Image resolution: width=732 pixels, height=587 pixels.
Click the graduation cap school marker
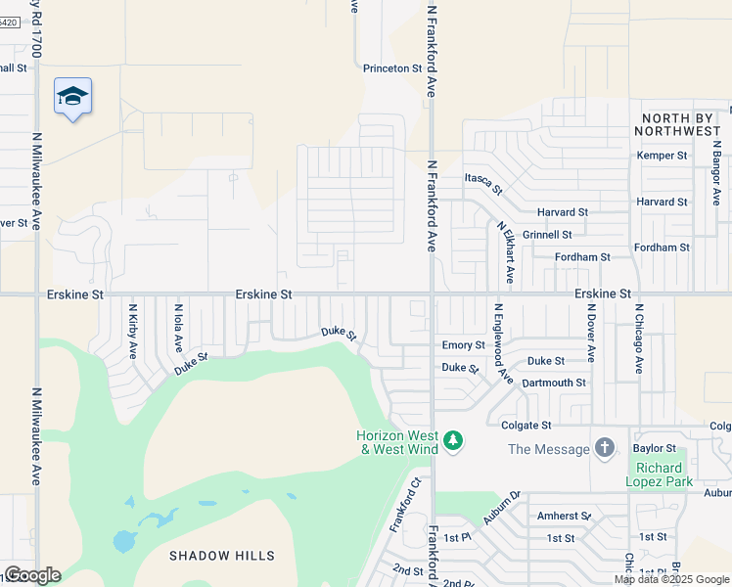[72, 96]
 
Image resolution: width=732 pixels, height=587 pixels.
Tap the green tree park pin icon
[452, 441]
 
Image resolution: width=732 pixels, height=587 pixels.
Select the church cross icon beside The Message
[605, 448]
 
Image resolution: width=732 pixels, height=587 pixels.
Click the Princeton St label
[391, 69]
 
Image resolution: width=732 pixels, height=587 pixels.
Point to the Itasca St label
[482, 181]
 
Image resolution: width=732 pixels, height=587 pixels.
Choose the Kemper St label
[662, 156]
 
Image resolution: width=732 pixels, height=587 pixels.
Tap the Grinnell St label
[547, 235]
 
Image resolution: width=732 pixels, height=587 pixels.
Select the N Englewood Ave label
[502, 341]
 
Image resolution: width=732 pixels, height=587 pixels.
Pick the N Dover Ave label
[591, 333]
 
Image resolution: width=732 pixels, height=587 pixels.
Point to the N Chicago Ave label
[638, 338]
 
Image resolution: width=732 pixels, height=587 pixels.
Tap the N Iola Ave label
[178, 329]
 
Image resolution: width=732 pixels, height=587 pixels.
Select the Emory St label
[463, 345]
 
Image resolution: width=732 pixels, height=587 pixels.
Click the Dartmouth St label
[554, 383]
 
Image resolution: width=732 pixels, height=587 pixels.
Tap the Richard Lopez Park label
[660, 474]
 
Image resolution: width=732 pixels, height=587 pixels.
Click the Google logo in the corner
[32, 575]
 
